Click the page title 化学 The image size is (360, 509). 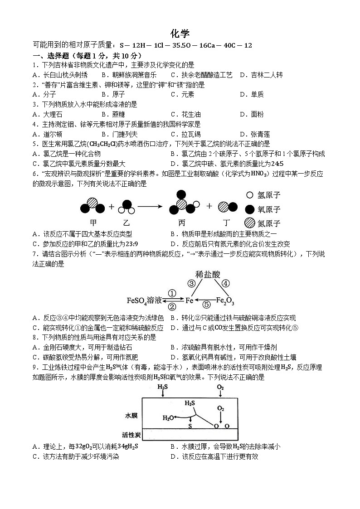tap(180, 34)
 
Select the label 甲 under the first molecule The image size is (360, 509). tap(93, 223)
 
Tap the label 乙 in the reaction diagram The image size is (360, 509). tap(126, 223)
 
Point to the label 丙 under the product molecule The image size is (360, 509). tap(182, 223)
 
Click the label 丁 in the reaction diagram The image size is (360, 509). tap(227, 223)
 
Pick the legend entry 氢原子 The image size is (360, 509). tap(269, 195)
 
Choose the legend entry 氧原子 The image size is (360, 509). tap(269, 209)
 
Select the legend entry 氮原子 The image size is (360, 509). tap(269, 223)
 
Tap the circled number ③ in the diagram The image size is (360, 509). tap(192, 283)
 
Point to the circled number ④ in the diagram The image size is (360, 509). tap(225, 283)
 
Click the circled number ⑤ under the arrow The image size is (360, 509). tap(206, 305)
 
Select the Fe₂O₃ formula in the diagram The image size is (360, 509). tap(225, 300)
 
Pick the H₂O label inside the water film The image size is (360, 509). tap(168, 417)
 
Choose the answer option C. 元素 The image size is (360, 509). tap(182, 94)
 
